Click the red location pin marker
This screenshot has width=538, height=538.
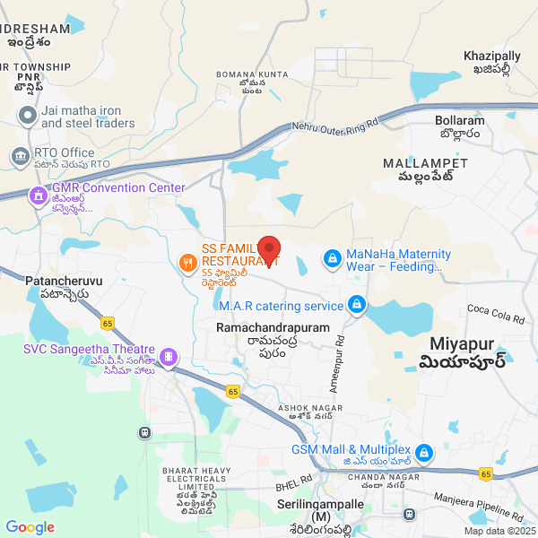[270, 250]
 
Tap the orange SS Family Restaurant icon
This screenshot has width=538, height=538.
[187, 264]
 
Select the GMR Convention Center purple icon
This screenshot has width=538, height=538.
[38, 195]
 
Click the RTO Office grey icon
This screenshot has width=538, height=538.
[19, 155]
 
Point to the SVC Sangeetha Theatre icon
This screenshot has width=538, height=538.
[168, 357]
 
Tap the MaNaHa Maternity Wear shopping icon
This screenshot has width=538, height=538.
[332, 259]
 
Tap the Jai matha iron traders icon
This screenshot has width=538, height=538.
[26, 115]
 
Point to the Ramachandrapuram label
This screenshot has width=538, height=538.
[273, 329]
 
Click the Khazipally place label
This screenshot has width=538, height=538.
[492, 56]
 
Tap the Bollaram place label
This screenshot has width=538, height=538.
[459, 120]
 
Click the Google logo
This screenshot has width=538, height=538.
[30, 527]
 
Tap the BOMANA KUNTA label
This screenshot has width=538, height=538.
[252, 73]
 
